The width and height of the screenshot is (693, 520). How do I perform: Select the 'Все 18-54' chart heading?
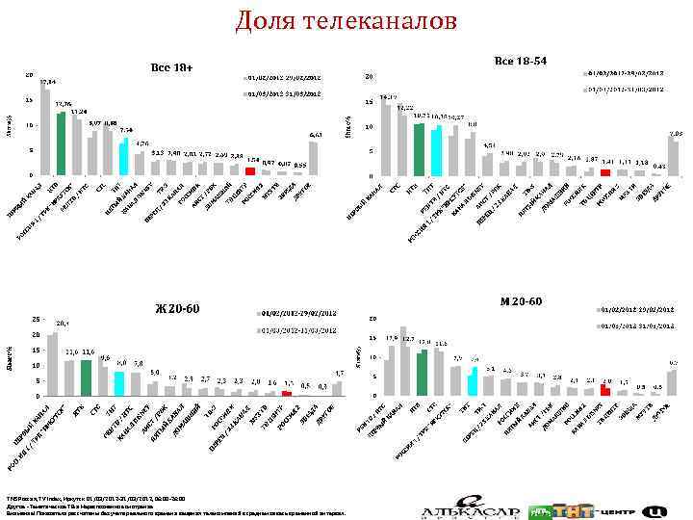[520, 61]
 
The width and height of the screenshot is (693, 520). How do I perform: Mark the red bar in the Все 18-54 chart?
[605, 172]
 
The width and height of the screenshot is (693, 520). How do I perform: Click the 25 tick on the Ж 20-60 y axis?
[36, 319]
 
